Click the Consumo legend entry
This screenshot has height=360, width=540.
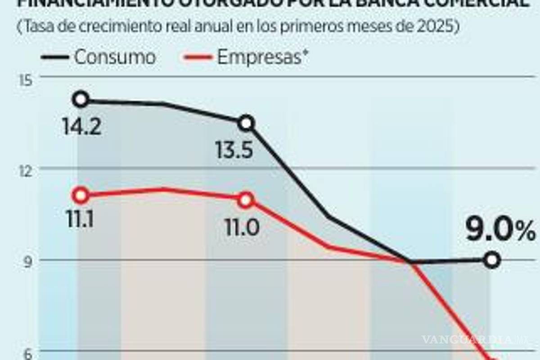click(x=115, y=57)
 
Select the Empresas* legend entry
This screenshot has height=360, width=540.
click(x=263, y=57)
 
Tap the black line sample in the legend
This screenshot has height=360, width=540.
click(x=55, y=58)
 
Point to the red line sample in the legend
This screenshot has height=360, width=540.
click(x=198, y=58)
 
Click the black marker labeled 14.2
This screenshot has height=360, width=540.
click(x=81, y=99)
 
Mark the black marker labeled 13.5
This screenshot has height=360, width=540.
click(x=247, y=123)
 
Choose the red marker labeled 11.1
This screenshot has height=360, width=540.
click(x=81, y=195)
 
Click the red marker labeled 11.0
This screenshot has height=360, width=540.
click(x=246, y=200)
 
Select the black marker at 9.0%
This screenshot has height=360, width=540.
click(x=492, y=260)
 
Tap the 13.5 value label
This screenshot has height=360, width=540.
click(x=234, y=151)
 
